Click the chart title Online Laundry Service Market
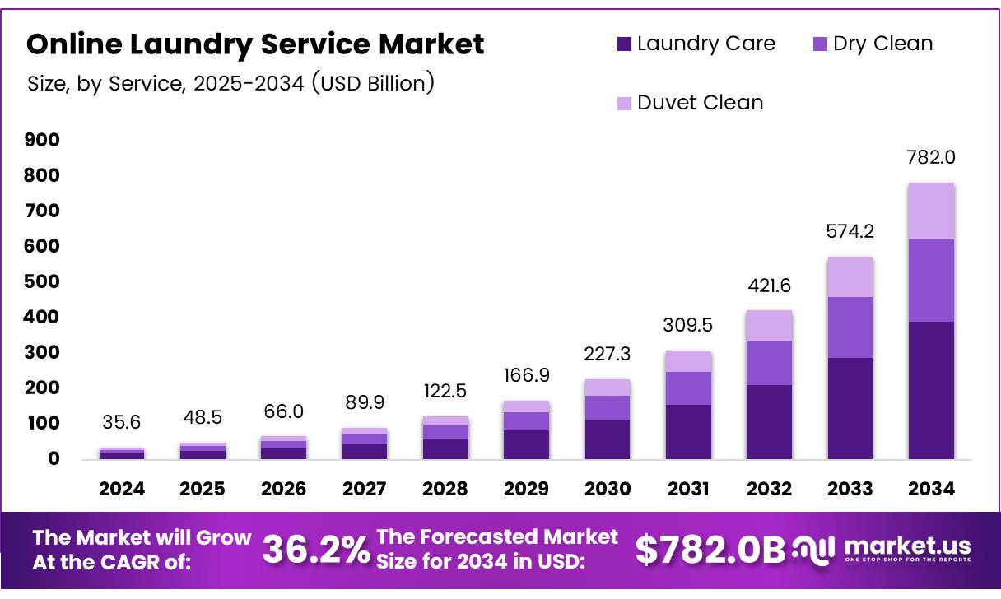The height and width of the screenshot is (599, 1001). tap(255, 44)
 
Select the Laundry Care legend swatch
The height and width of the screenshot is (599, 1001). tap(623, 44)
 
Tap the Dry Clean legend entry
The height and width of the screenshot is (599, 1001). tap(872, 44)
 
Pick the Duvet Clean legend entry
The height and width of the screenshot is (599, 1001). tap(689, 103)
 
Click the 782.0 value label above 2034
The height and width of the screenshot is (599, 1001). tap(932, 158)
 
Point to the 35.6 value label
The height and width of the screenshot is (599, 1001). tap(122, 422)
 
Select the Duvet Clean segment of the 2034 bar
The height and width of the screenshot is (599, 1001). tap(932, 211)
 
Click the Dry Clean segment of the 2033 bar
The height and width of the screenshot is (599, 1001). tap(850, 327)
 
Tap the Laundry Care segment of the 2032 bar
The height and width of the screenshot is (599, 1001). tap(770, 421)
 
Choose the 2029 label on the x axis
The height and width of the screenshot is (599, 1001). tap(527, 489)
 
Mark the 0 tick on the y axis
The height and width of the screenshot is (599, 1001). tap(54, 459)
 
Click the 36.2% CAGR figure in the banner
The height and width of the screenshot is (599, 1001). tap(316, 550)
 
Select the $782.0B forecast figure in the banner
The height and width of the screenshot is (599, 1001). tap(710, 550)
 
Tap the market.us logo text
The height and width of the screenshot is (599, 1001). tap(907, 546)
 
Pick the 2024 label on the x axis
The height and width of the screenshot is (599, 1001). tap(122, 489)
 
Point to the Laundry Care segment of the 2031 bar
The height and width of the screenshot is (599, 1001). tap(688, 431)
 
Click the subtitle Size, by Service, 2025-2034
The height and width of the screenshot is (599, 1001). tap(230, 83)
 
